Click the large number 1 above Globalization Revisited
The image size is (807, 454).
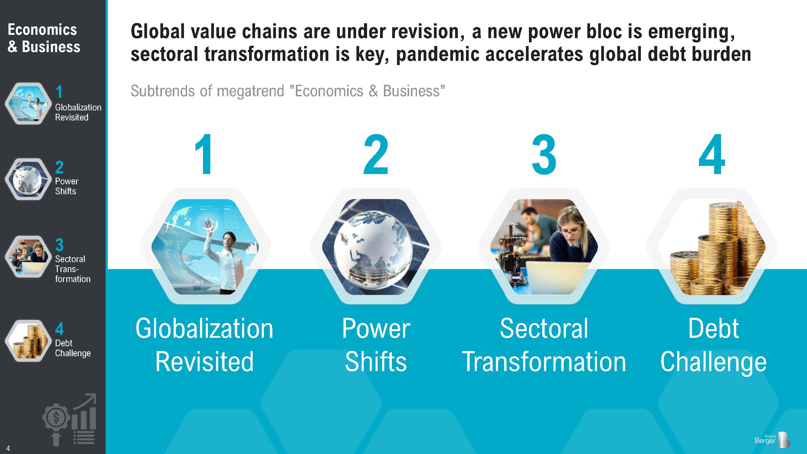204,154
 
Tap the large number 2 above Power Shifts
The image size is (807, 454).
376,154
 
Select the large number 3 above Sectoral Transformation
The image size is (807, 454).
544,154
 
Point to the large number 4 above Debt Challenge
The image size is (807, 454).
712,154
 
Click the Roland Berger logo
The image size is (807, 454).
772,440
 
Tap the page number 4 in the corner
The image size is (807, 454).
8,448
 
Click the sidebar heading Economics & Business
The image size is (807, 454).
44,38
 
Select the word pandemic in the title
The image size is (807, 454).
438,54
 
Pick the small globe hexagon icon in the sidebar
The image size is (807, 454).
28,179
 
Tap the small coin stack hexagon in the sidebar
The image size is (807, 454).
28,341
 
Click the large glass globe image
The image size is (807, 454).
376,247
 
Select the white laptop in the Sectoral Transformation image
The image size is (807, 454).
558,278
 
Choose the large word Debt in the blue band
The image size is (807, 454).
714,328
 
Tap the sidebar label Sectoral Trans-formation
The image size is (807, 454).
73,269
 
